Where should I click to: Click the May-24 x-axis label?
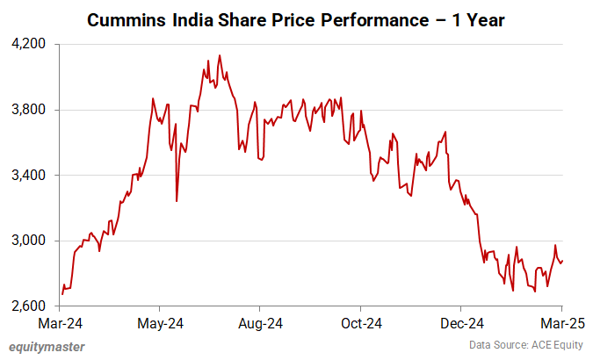pyautogui.click(x=160, y=322)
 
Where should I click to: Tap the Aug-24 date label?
pyautogui.click(x=261, y=322)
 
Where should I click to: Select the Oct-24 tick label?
pyautogui.click(x=361, y=322)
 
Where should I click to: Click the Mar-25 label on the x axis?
pyautogui.click(x=562, y=322)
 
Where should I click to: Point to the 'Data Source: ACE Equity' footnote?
pyautogui.click(x=524, y=346)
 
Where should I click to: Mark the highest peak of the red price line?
pyautogui.click(x=219, y=55)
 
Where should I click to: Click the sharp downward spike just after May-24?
pyautogui.click(x=177, y=201)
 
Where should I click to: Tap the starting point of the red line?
pyautogui.click(x=61, y=294)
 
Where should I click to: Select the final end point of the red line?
pyautogui.click(x=561, y=260)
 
